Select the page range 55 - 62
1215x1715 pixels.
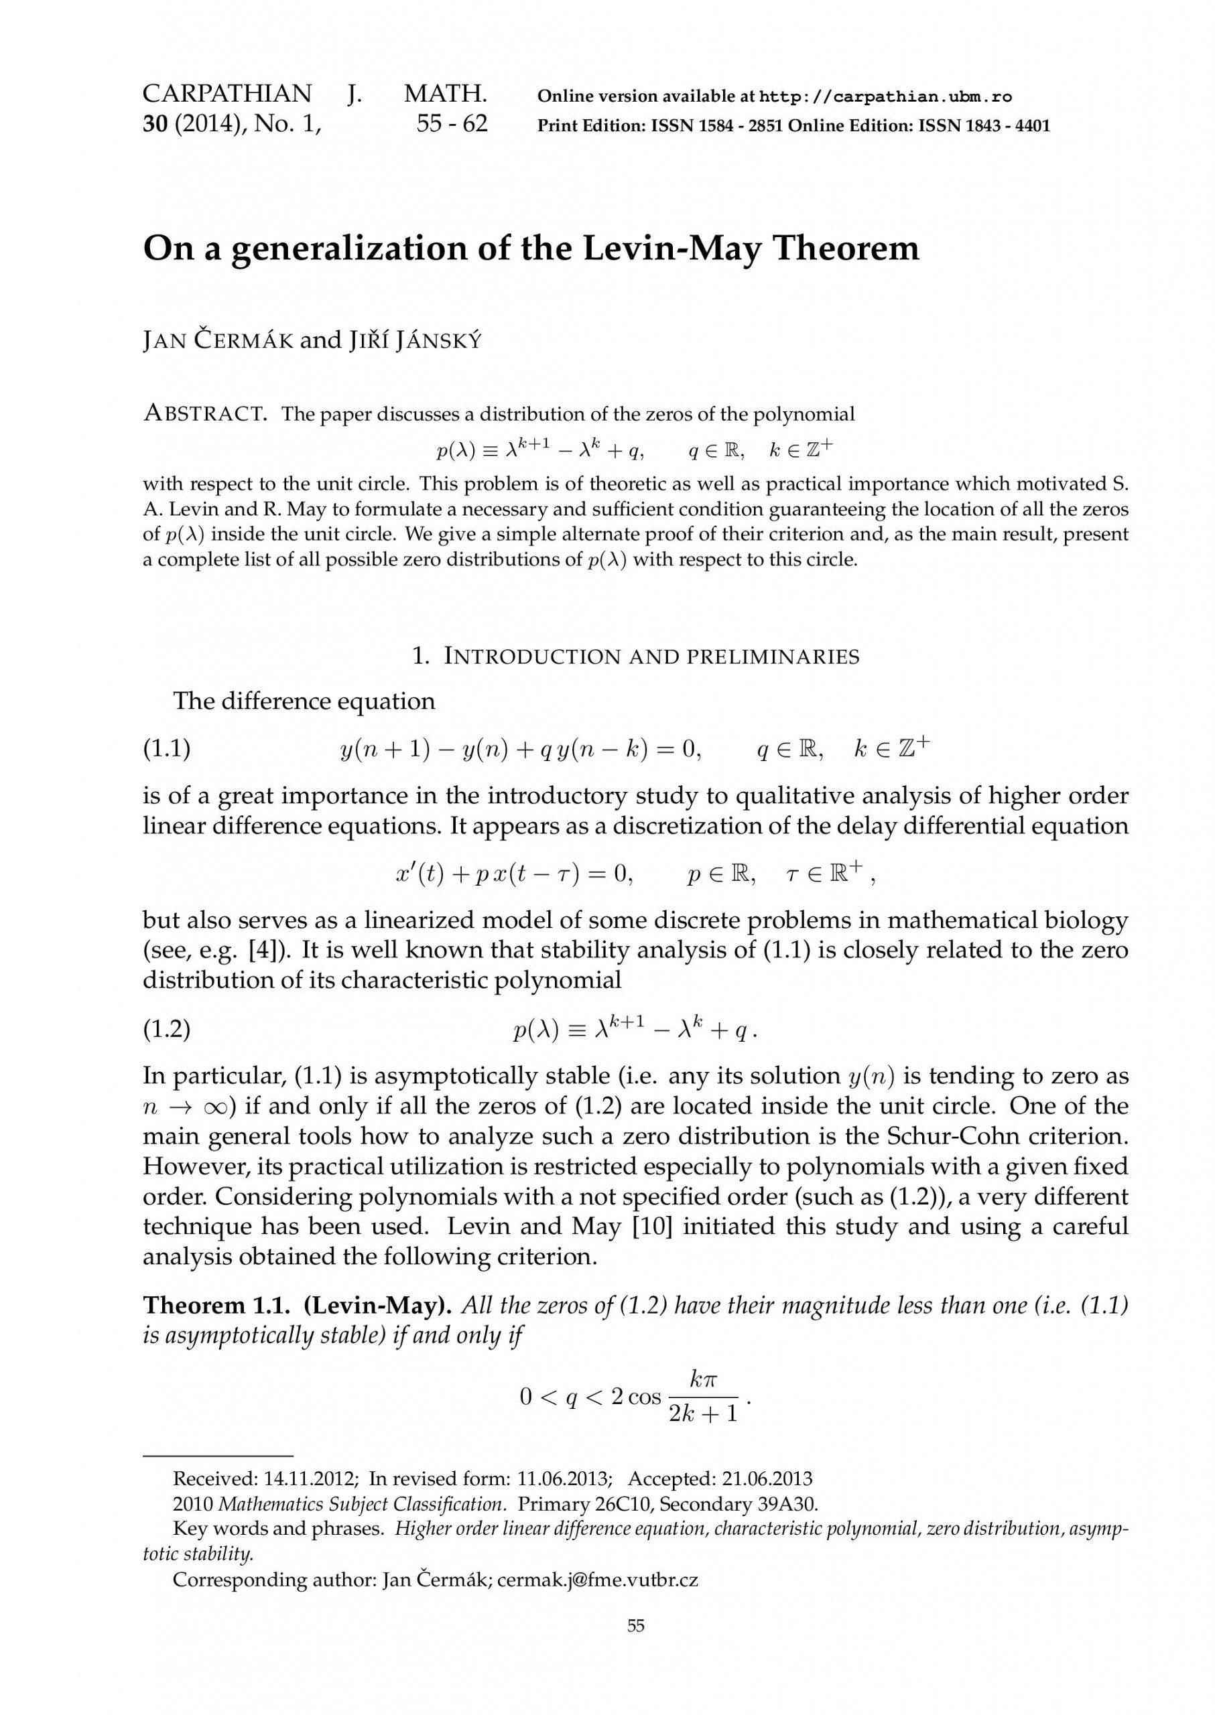[x=451, y=124]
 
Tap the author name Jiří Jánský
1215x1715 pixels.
[x=415, y=341]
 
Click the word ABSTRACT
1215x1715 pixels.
[x=204, y=413]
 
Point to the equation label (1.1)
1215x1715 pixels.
[x=167, y=749]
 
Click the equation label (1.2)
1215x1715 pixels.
[x=167, y=1030]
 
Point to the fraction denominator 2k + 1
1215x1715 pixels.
[x=702, y=1413]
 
